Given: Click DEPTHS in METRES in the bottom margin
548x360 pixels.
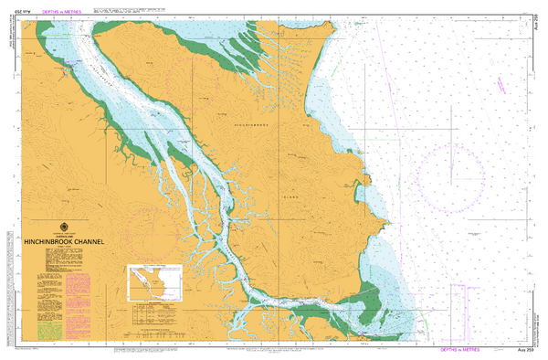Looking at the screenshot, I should [468, 350].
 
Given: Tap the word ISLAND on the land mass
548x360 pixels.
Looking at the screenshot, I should [290, 194].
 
